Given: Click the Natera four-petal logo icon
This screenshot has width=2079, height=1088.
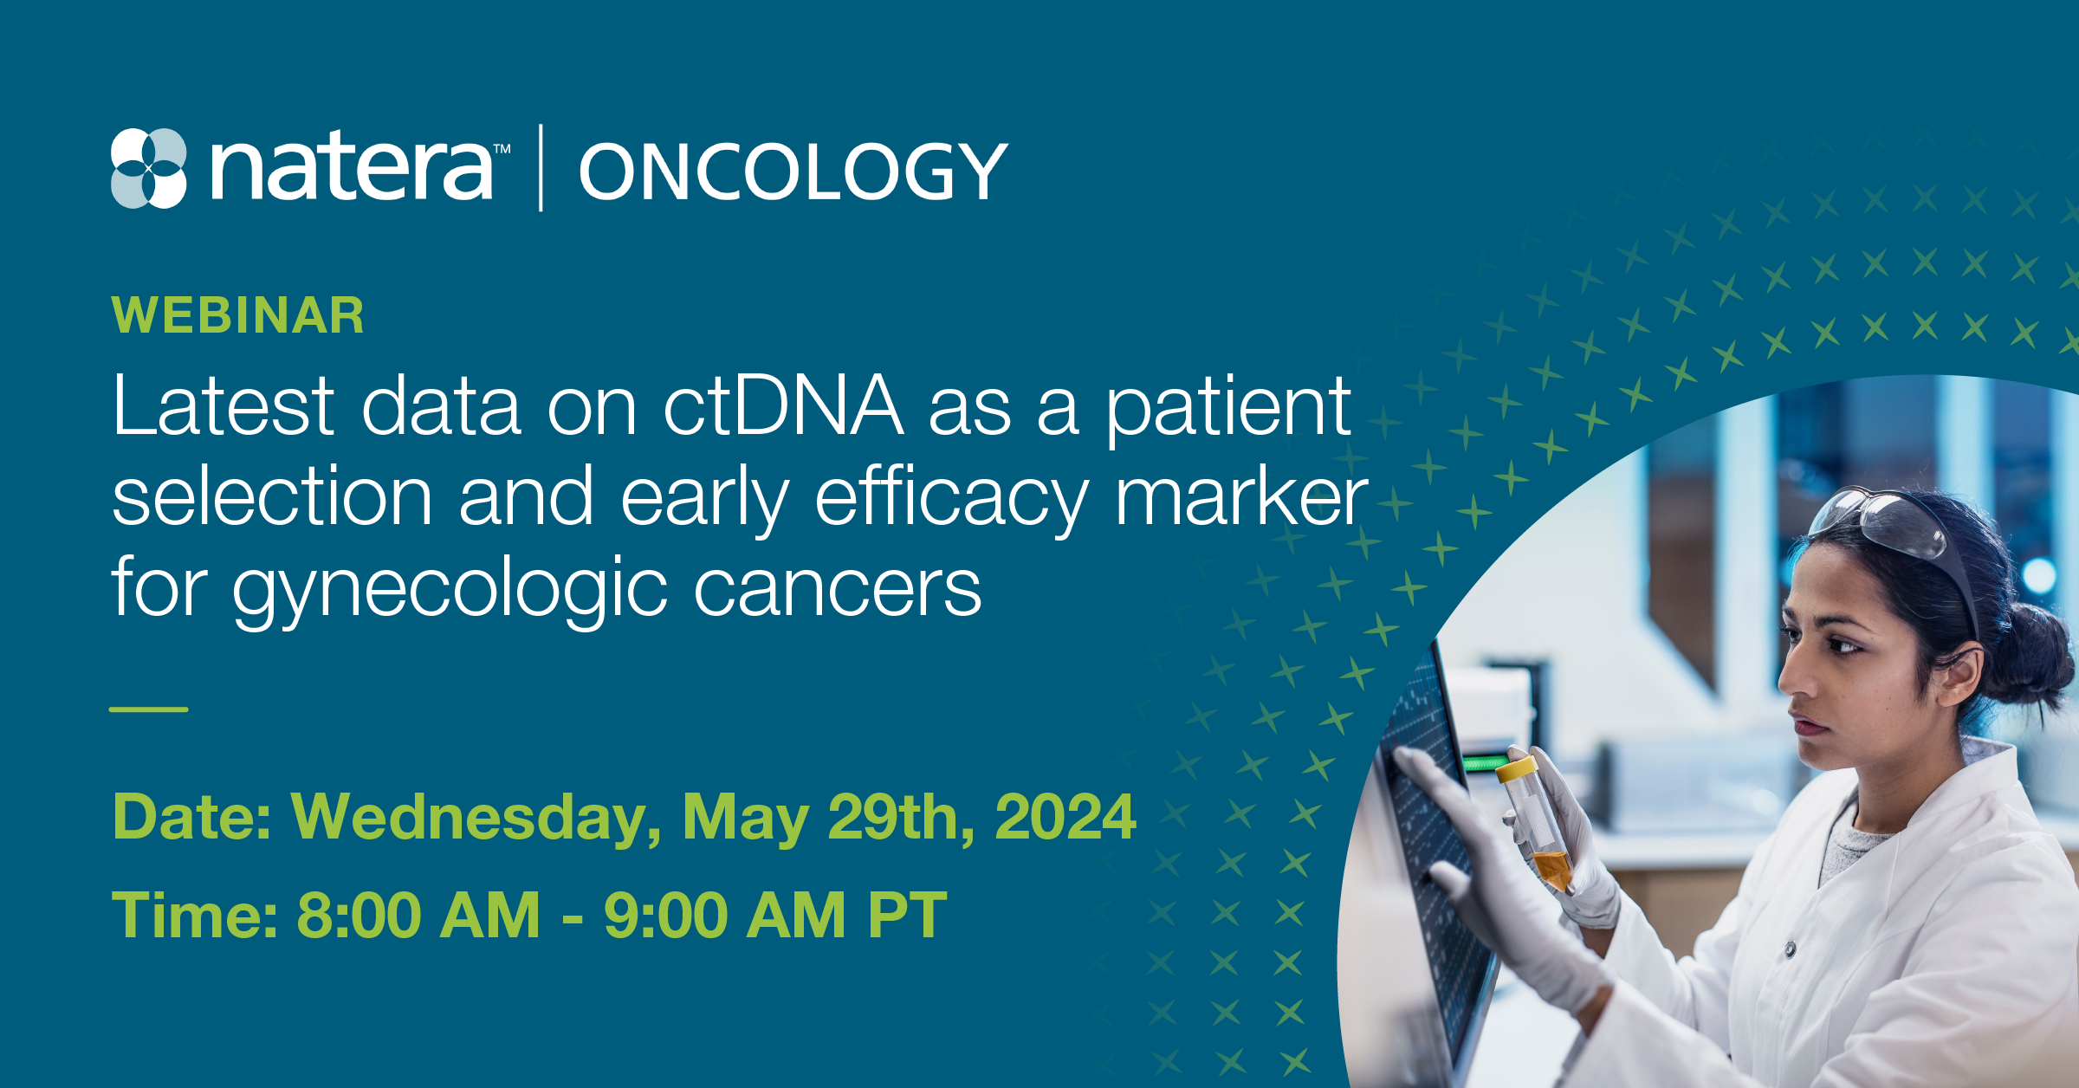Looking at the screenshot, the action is click(149, 168).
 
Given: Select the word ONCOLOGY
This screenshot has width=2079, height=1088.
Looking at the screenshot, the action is click(793, 172).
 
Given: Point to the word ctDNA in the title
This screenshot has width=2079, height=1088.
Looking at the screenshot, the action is click(783, 405).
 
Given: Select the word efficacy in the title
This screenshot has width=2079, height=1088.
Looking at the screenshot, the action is click(952, 500).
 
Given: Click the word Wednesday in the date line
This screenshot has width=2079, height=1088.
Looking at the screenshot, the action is click(476, 818).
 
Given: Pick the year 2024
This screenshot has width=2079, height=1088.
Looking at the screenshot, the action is click(1065, 817).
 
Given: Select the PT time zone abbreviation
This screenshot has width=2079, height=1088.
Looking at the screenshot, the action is click(907, 916).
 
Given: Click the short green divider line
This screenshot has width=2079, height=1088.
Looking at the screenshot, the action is click(148, 709).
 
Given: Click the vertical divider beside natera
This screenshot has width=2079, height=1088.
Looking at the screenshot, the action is click(541, 168).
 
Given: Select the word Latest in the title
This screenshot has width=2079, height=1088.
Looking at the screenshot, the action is click(223, 405).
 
